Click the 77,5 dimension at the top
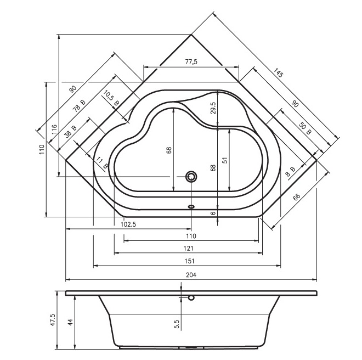pyautogui.click(x=191, y=62)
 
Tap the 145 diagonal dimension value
pyautogui.click(x=278, y=73)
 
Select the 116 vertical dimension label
pyautogui.click(x=54, y=130)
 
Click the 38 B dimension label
pyautogui.click(x=70, y=132)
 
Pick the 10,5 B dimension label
pyautogui.click(x=111, y=98)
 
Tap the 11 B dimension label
pyautogui.click(x=102, y=162)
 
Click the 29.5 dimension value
pyautogui.click(x=213, y=108)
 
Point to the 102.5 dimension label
pyautogui.click(x=128, y=224)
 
